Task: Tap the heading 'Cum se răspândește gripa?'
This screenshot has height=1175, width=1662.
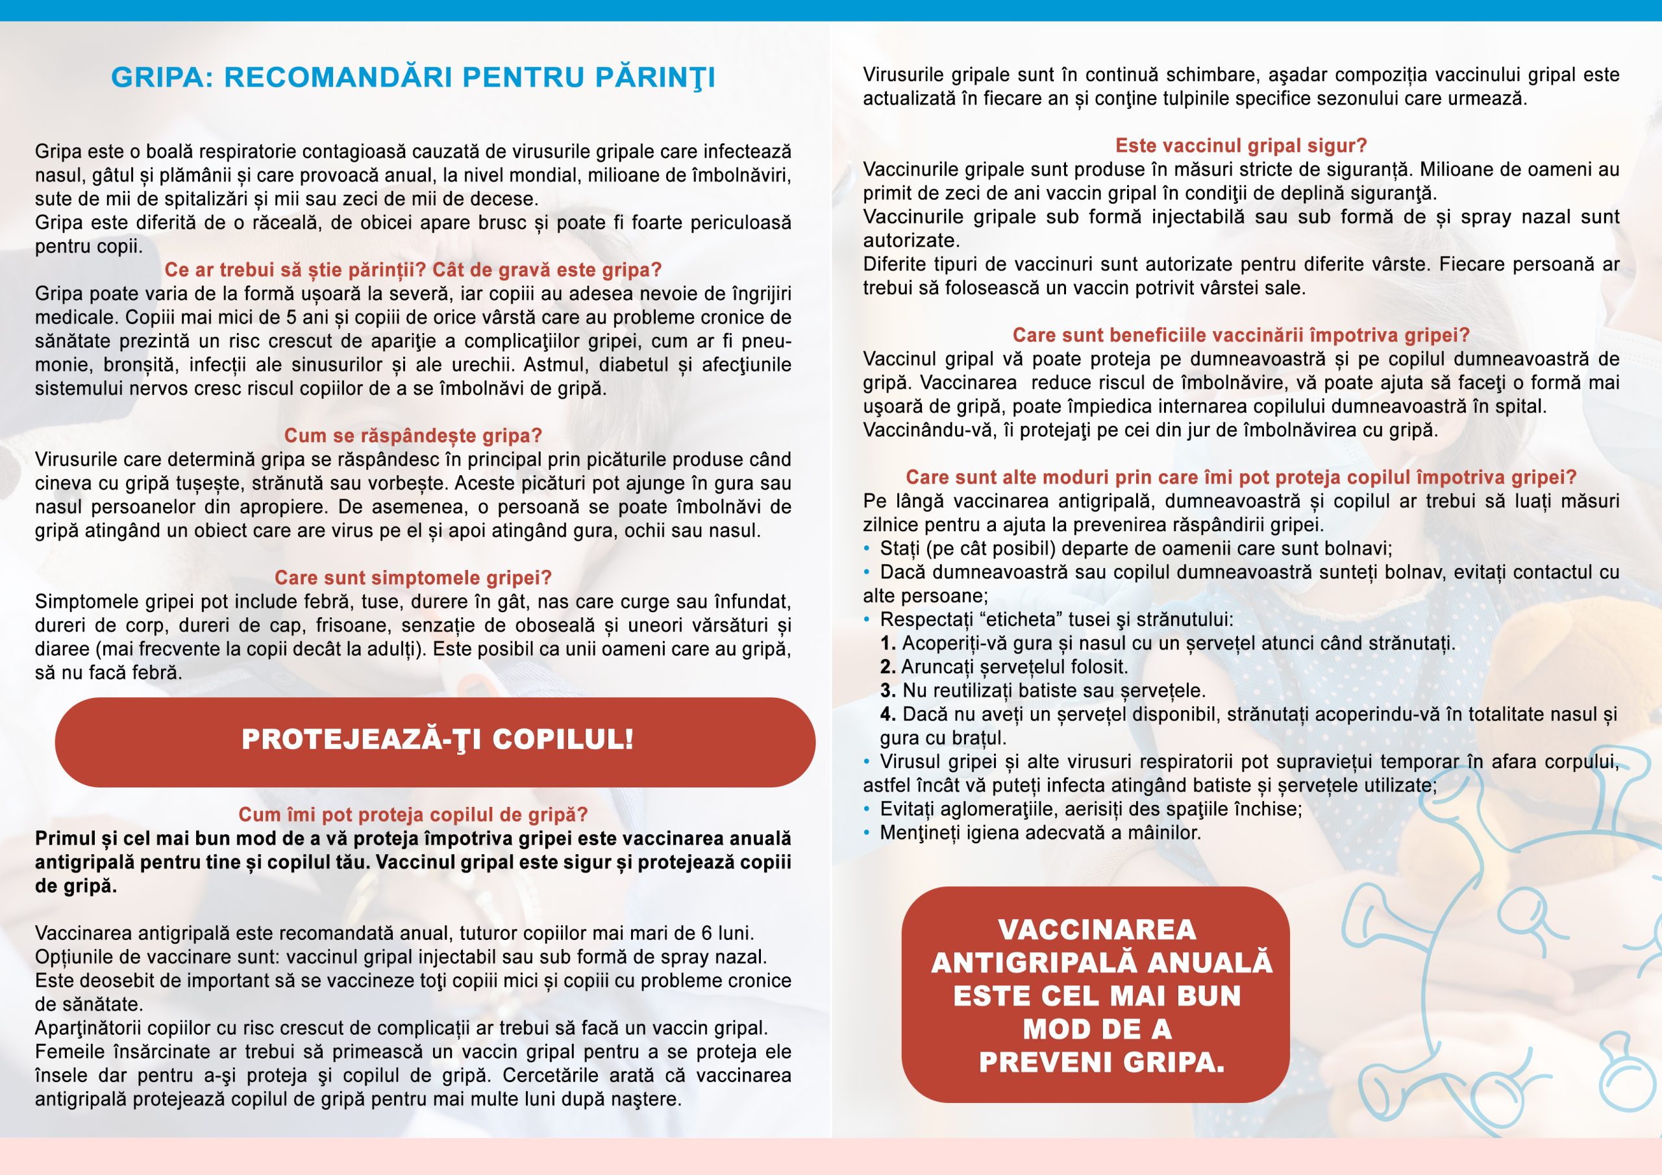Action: pos(413,436)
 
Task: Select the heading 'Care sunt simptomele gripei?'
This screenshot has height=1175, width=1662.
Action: pos(413,578)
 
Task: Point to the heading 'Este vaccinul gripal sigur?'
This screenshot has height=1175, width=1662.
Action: pos(1241,145)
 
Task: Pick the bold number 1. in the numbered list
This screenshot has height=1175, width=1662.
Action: pos(887,643)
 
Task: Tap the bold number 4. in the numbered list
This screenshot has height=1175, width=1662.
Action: pos(887,715)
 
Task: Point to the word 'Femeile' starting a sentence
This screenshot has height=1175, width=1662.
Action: pos(69,1052)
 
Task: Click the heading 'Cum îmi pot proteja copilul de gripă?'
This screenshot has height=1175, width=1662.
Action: pos(413,815)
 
